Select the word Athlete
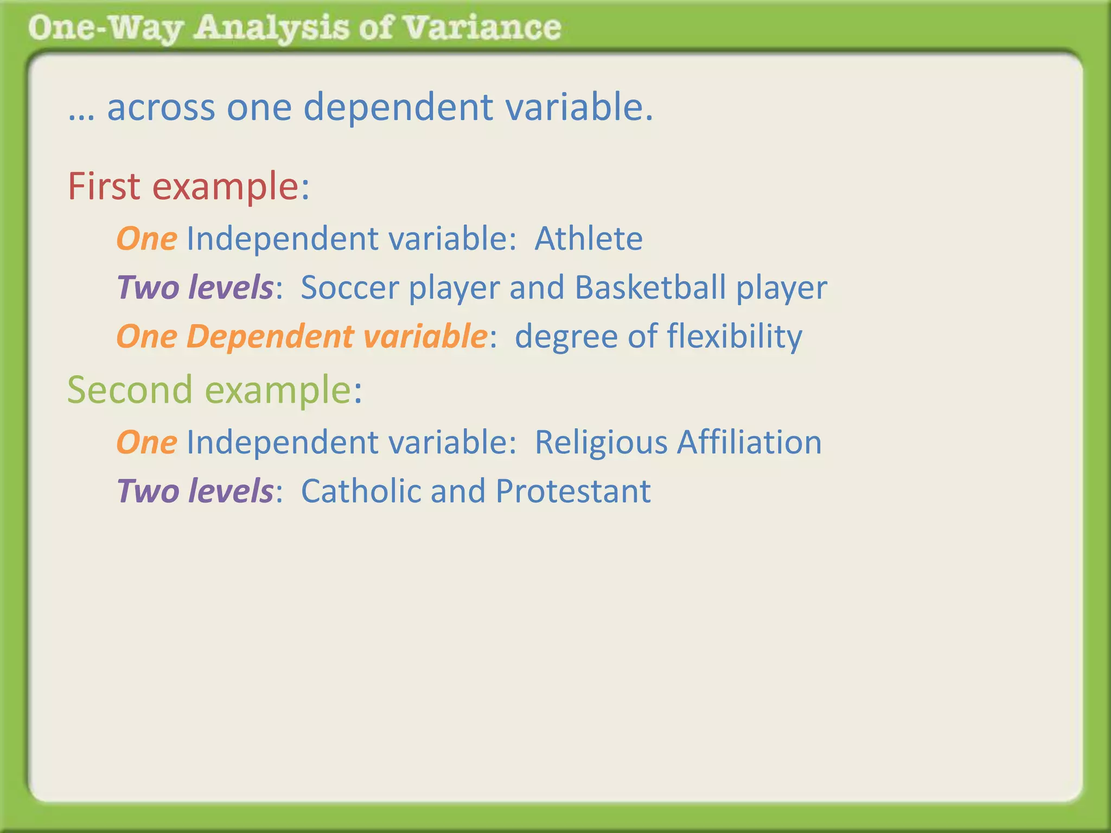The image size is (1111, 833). (589, 239)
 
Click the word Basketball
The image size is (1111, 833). (650, 287)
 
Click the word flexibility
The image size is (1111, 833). (735, 336)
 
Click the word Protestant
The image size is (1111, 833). (573, 491)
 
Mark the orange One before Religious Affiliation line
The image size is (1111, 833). (146, 442)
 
